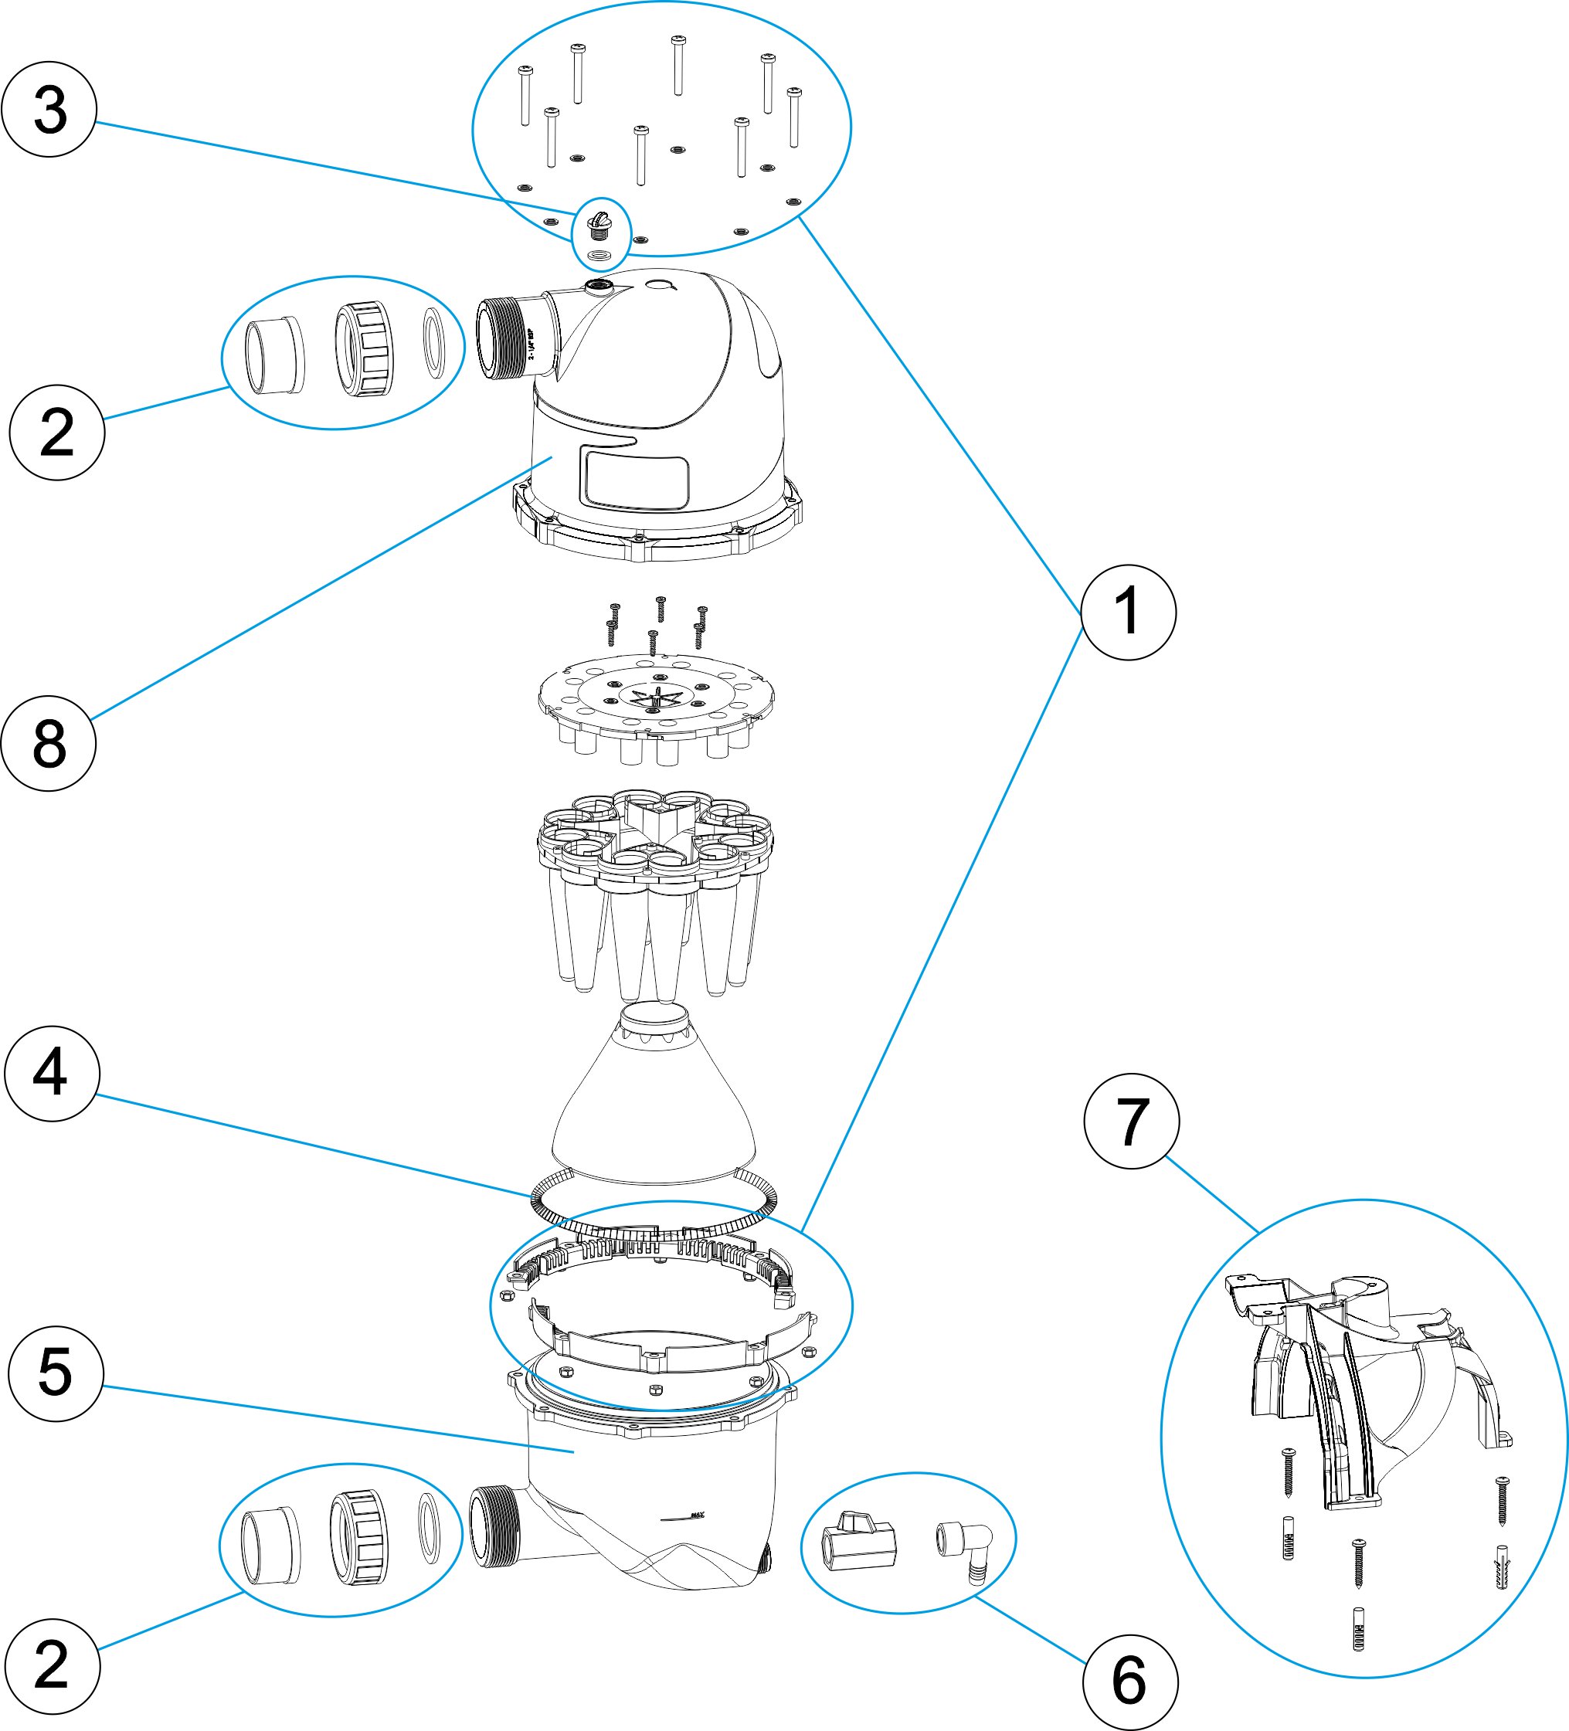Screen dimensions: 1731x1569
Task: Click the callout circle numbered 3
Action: pos(49,109)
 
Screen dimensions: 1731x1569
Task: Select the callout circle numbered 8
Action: pos(49,743)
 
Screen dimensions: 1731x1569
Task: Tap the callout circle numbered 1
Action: pos(1128,613)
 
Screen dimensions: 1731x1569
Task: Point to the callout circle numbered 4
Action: pos(52,1074)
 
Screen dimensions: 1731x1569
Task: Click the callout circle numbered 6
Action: pos(1129,1682)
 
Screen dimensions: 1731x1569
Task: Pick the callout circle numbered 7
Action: pos(1131,1121)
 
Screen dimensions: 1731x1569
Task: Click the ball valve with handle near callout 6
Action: pos(860,1542)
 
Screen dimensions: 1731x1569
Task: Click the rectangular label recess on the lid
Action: pos(635,477)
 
